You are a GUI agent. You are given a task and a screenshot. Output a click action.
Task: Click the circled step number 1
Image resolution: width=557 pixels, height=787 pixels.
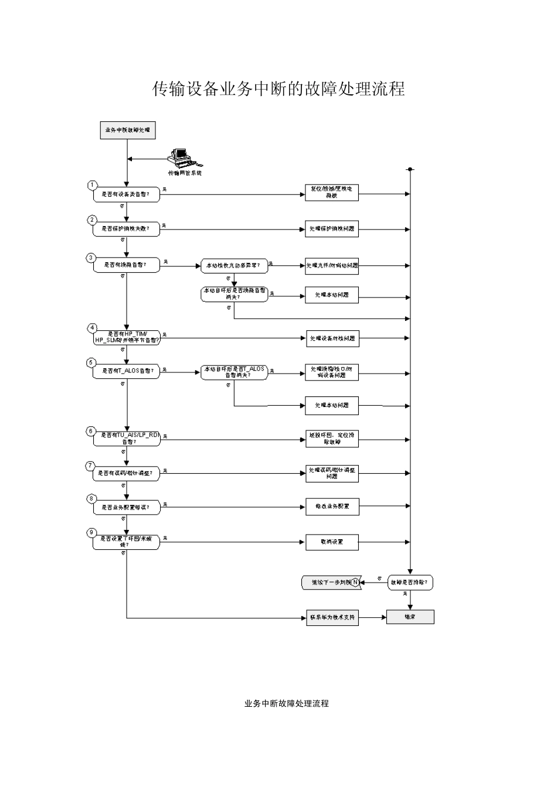(91, 185)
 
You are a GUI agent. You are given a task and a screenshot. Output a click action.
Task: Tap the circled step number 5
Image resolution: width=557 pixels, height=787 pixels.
(91, 362)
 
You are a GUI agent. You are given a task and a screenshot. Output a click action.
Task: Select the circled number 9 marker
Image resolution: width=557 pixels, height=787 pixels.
(91, 532)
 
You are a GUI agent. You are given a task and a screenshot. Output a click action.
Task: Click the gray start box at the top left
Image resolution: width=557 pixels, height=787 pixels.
(127, 131)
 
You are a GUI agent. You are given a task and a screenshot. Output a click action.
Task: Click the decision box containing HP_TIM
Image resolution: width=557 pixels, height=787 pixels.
(127, 337)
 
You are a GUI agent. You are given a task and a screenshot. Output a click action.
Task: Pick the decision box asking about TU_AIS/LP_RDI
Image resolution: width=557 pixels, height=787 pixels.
(127, 438)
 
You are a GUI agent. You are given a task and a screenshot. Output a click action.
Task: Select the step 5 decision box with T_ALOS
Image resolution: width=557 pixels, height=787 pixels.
(127, 371)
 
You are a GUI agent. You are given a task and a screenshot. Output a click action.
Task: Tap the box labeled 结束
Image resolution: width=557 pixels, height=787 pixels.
(410, 617)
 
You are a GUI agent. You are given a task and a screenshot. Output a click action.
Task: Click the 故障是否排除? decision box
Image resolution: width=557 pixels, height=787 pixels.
(410, 583)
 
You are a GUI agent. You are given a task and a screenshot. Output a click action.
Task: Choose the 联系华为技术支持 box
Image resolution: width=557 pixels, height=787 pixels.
(332, 618)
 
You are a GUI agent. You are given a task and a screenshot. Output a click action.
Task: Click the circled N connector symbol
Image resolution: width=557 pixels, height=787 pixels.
(355, 583)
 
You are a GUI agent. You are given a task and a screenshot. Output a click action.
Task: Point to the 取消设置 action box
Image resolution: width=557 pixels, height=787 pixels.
(332, 542)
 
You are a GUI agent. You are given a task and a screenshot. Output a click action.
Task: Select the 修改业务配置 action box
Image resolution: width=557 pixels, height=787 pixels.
(332, 507)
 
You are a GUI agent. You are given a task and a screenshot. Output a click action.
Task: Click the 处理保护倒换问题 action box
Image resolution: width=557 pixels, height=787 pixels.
(332, 229)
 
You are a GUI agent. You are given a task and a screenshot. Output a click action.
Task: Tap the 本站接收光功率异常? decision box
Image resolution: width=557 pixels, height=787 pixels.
(234, 265)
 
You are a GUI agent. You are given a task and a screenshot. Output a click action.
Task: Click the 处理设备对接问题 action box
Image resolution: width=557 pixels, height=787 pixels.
(332, 338)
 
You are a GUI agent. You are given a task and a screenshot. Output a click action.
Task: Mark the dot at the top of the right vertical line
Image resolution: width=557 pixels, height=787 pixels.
(410, 169)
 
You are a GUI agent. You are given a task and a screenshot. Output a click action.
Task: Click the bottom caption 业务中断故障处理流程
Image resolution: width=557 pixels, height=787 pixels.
(286, 703)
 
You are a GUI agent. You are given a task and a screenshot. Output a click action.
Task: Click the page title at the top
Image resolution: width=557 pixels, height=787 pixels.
(278, 89)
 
